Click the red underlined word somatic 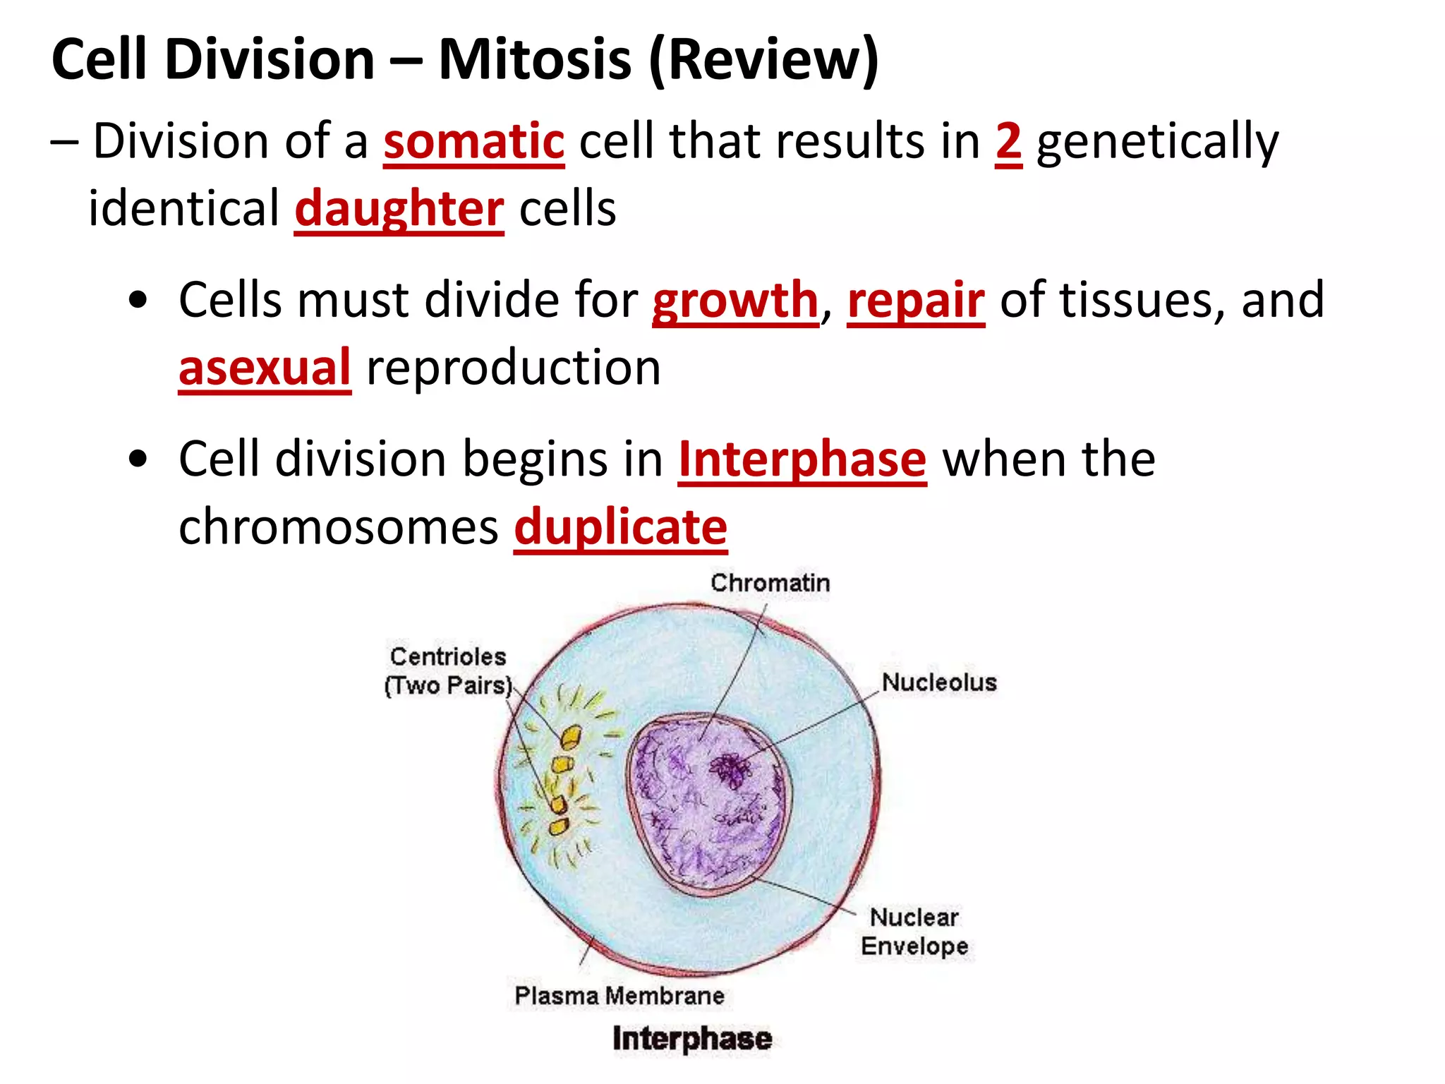coord(473,142)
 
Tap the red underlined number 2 coord(1008,142)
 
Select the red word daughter coord(399,210)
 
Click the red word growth coord(734,301)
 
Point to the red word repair coord(915,301)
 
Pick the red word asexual coord(265,368)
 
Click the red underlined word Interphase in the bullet coord(802,459)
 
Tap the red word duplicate coord(620,527)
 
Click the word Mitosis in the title coord(534,59)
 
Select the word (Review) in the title coord(763,59)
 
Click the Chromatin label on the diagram coord(770,583)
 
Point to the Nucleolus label coord(939,682)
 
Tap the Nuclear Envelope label coord(914,932)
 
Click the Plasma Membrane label coord(619,996)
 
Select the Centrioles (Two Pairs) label coord(448,671)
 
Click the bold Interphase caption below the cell coord(691,1039)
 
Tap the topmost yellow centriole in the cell coord(570,737)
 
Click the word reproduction coord(513,368)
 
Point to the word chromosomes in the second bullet coord(338,527)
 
